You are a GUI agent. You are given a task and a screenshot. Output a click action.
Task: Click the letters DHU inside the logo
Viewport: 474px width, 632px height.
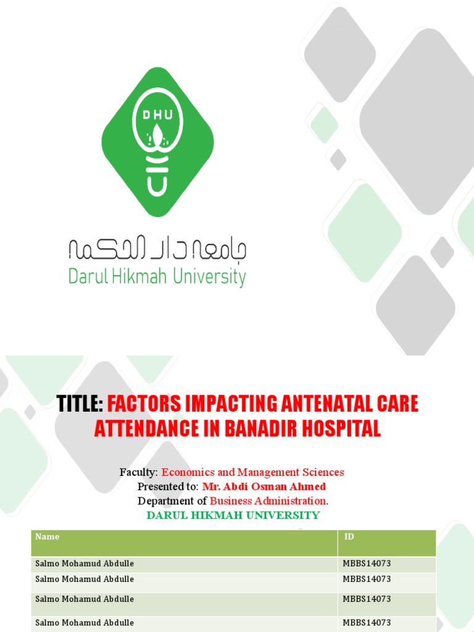click(x=157, y=115)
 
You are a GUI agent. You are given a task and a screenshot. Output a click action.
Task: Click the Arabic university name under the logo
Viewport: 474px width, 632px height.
click(x=157, y=249)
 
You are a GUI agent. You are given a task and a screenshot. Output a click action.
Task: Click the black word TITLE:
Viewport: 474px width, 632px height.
click(x=80, y=405)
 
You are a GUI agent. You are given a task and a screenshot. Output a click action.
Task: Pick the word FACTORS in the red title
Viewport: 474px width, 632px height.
click(x=145, y=405)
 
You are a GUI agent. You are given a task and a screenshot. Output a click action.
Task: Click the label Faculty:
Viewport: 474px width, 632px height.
click(x=139, y=472)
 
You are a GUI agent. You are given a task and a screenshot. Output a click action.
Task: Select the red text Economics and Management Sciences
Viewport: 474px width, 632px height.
click(x=252, y=472)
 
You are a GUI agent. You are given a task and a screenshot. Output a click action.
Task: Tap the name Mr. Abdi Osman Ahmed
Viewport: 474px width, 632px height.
click(x=264, y=486)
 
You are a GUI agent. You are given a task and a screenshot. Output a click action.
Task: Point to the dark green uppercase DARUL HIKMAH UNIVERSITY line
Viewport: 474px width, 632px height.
click(x=233, y=515)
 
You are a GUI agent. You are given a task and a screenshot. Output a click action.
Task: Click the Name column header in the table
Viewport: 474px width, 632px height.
click(x=48, y=537)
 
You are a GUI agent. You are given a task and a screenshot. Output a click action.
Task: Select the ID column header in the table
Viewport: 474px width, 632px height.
click(x=349, y=537)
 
